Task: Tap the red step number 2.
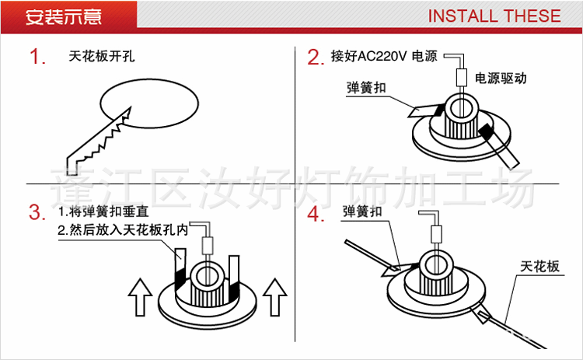coord(314,58)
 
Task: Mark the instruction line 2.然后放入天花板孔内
coord(124,231)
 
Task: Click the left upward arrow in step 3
coord(141,298)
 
